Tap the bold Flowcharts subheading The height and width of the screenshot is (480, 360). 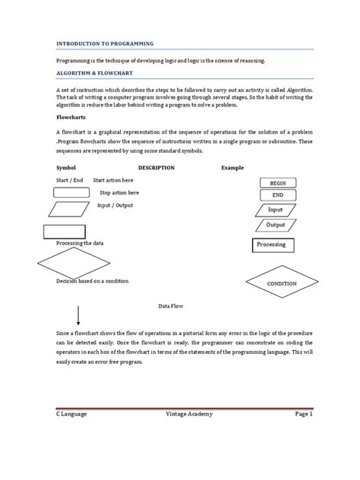[72, 118]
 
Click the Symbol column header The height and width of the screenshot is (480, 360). [68, 167]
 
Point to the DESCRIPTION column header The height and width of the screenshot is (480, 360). [156, 167]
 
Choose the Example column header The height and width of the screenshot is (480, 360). [233, 167]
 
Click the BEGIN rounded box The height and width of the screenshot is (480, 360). [276, 184]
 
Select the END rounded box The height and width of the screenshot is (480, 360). [276, 196]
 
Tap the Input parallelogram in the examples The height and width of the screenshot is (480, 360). [276, 210]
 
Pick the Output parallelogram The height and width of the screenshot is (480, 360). [276, 225]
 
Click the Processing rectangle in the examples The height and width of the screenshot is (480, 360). [271, 245]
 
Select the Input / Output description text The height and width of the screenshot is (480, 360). [115, 205]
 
